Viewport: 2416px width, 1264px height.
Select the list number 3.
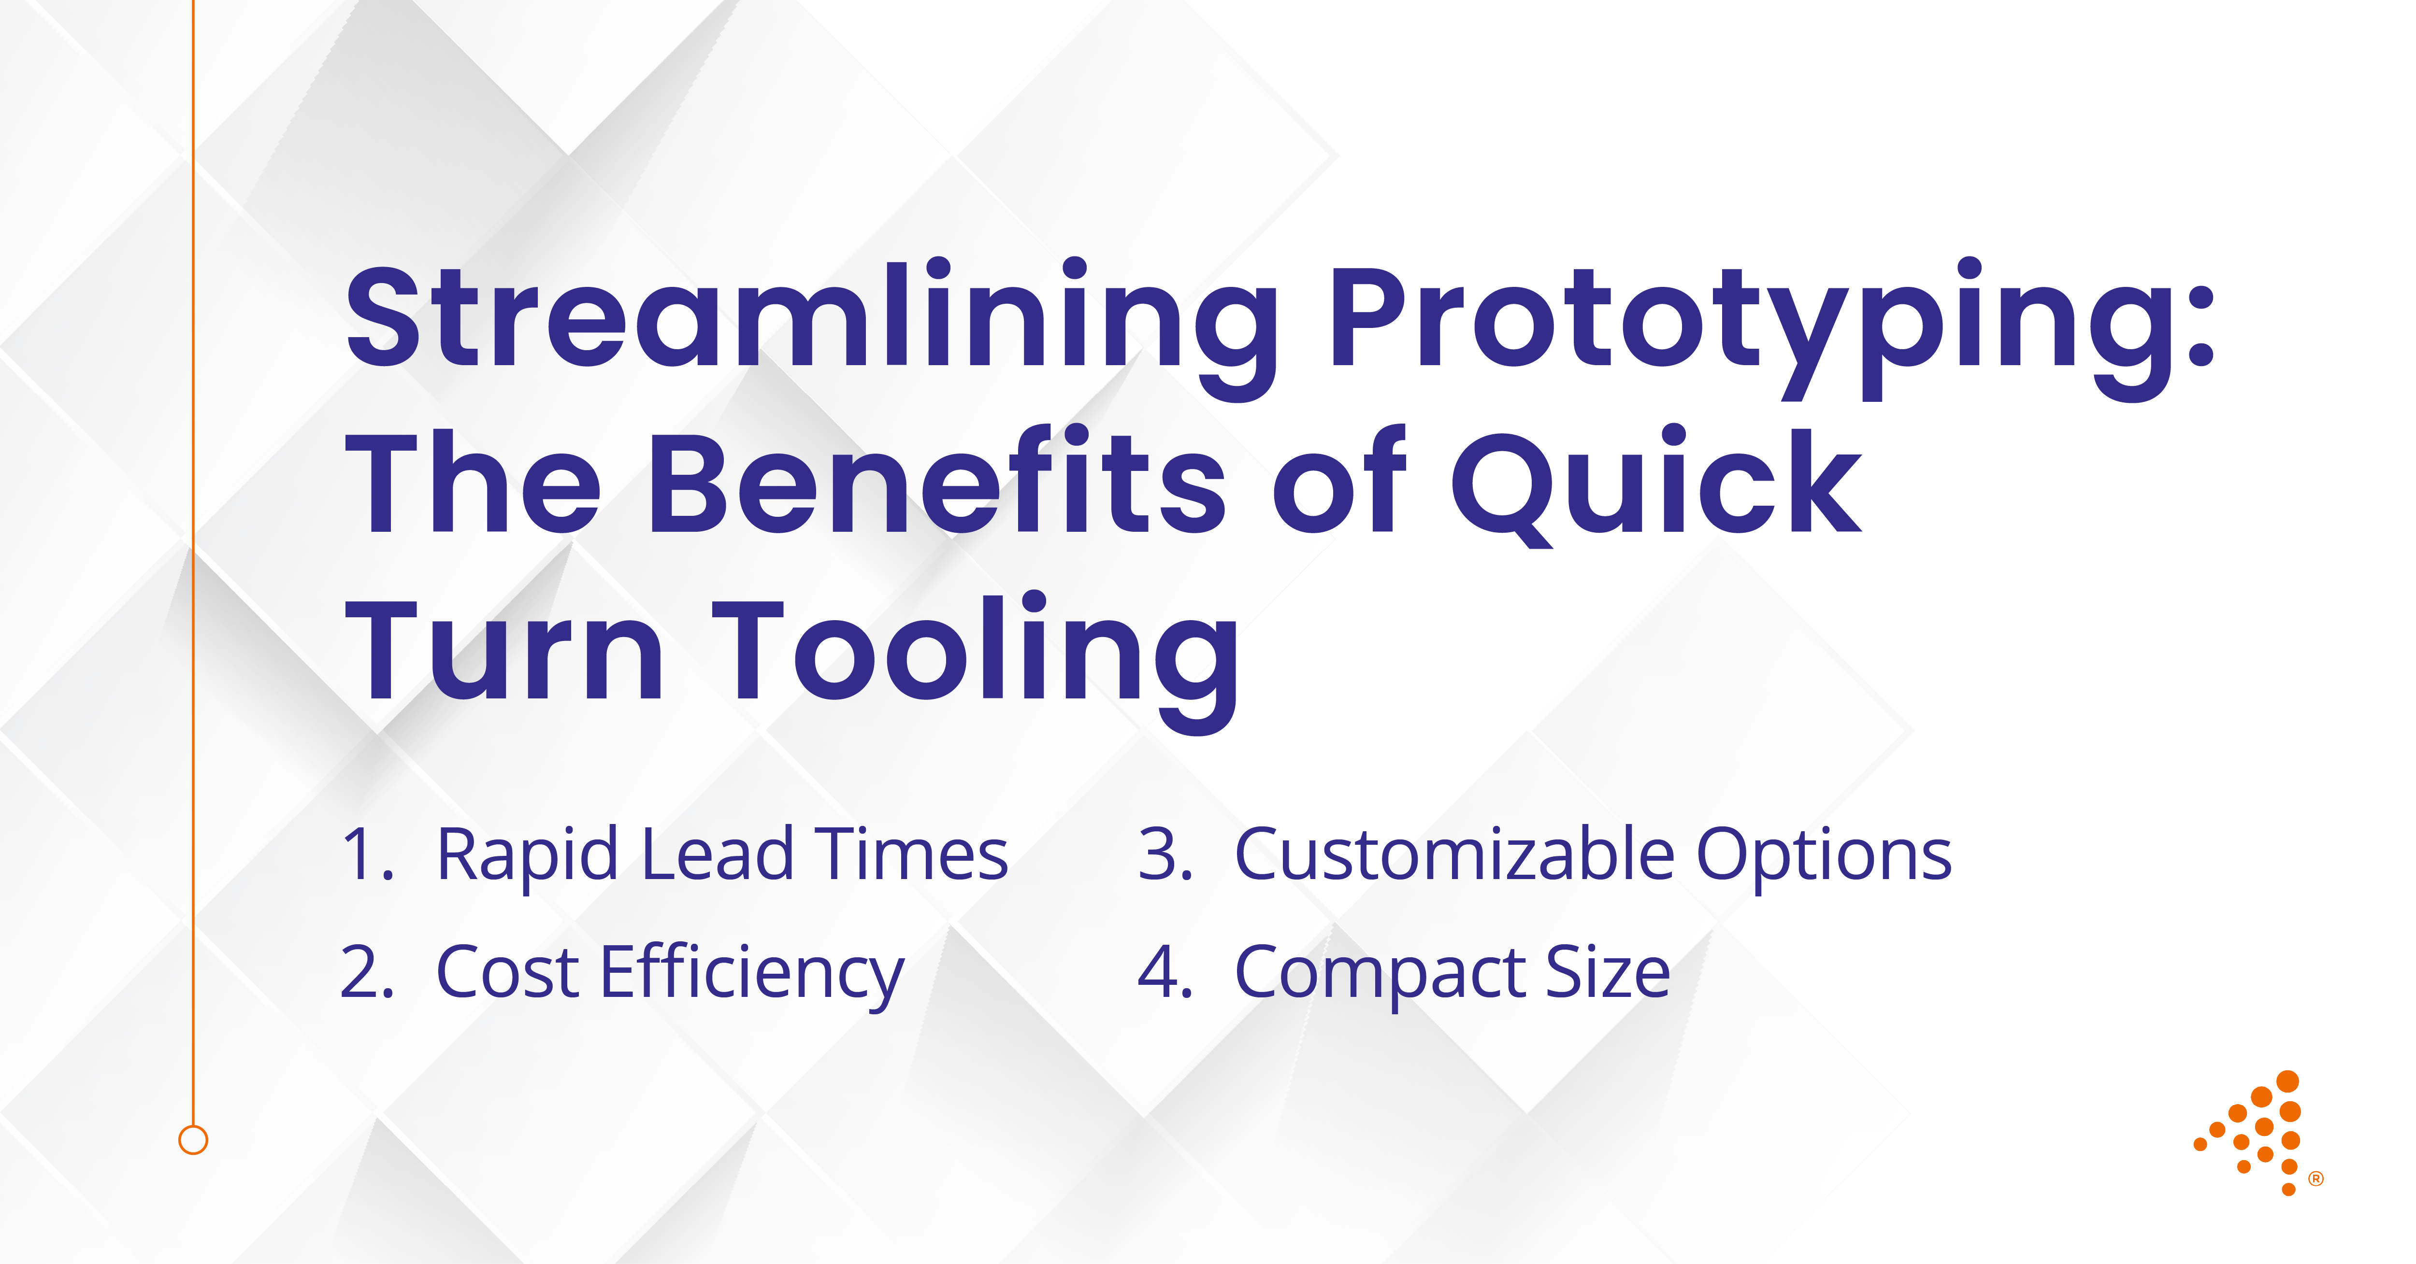pos(1163,855)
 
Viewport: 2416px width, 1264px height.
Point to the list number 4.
pos(1163,972)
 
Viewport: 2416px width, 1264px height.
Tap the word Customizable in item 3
pos(1454,855)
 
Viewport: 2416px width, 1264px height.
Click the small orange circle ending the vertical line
pos(193,1140)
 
